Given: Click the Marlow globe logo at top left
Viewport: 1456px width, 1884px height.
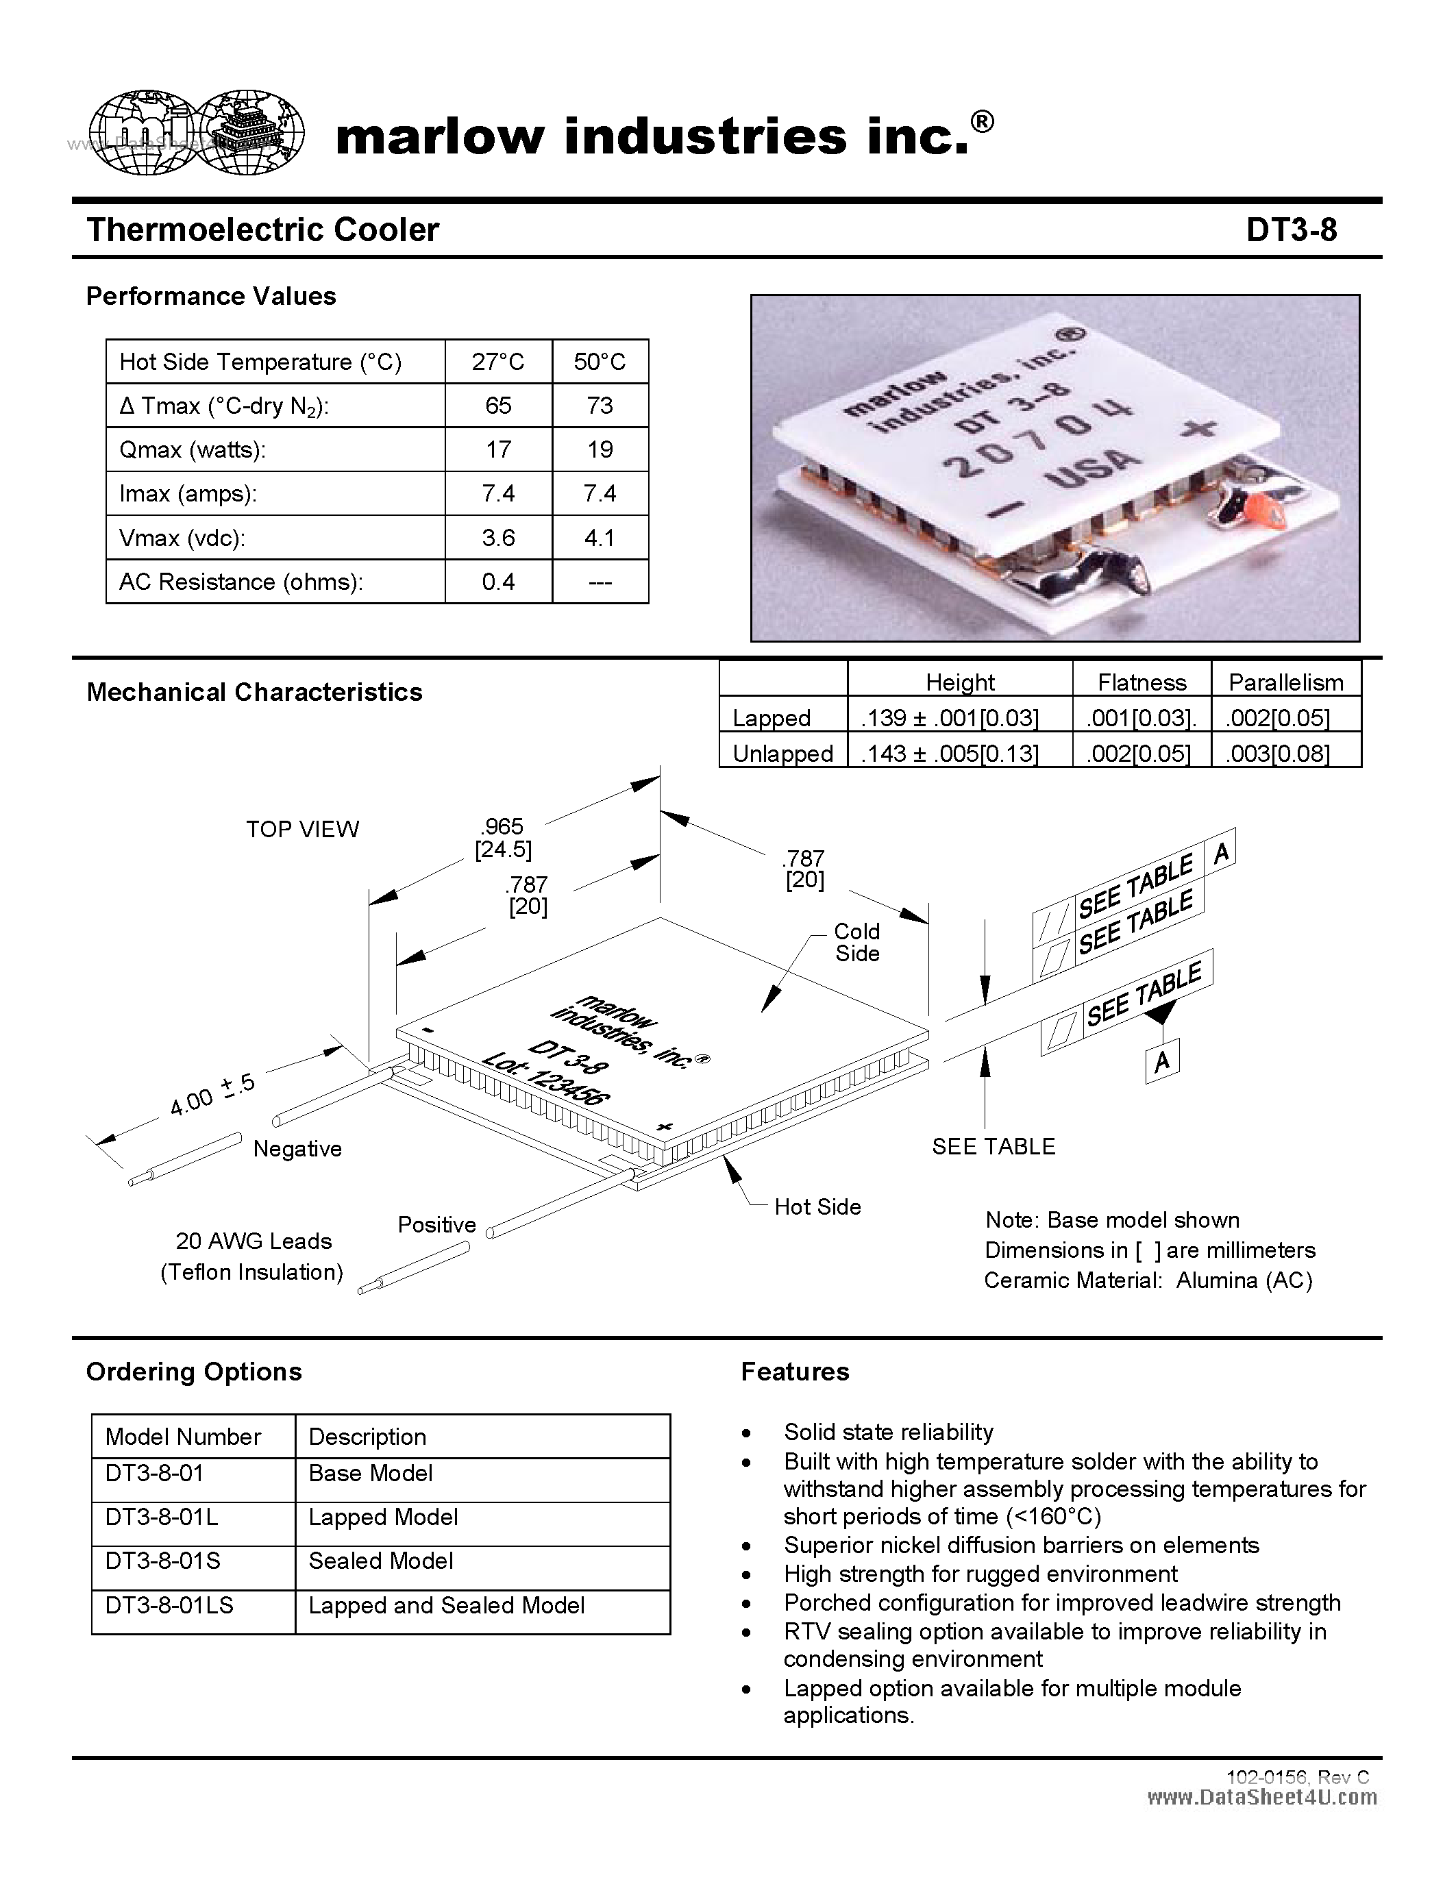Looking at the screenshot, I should pos(197,134).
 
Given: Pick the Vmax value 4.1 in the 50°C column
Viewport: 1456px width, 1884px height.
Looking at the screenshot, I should pos(600,538).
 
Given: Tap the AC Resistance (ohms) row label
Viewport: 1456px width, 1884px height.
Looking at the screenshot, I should pos(240,582).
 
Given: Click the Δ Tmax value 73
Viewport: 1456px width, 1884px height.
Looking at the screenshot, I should pos(600,406).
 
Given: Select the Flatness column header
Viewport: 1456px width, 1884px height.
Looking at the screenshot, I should pos(1142,682).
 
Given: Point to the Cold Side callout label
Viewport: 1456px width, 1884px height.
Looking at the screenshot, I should pos(856,942).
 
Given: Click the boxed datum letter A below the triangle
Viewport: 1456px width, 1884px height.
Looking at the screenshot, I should pos(1162,1061).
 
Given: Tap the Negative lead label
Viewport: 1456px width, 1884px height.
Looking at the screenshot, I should pos(297,1149).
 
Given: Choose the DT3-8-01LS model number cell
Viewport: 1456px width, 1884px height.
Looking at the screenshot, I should pos(169,1605).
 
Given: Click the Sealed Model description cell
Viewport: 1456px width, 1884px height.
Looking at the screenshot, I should pos(380,1561).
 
